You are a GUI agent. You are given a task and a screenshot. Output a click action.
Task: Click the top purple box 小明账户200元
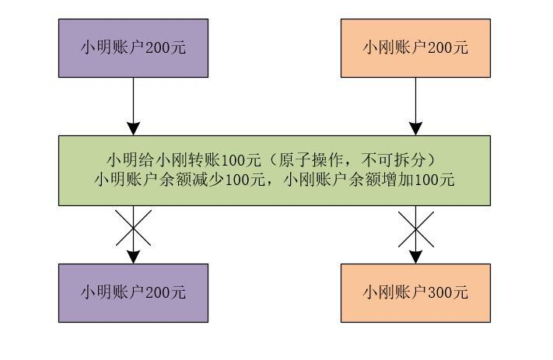click(133, 48)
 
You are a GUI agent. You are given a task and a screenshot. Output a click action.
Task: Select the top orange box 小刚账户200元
click(415, 48)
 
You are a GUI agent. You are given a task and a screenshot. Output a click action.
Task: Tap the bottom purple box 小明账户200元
click(133, 292)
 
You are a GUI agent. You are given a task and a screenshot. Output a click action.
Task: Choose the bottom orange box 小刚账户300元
click(415, 292)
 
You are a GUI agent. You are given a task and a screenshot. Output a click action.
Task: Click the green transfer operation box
click(275, 170)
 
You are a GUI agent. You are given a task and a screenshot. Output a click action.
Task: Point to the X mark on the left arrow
click(133, 228)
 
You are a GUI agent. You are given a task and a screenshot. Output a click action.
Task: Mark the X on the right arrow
click(416, 229)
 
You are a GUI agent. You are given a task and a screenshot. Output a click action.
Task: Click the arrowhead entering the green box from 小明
click(133, 129)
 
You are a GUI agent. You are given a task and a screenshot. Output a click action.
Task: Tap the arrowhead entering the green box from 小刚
click(416, 129)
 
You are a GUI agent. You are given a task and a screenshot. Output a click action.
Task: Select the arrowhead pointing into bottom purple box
click(133, 257)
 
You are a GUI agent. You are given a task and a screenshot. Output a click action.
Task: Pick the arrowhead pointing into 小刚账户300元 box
click(416, 257)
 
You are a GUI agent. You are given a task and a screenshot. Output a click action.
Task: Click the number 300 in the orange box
click(439, 293)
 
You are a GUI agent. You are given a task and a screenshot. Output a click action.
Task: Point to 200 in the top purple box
click(157, 48)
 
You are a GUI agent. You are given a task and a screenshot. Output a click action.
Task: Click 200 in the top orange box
click(439, 48)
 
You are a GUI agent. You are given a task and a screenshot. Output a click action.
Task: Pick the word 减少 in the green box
click(208, 180)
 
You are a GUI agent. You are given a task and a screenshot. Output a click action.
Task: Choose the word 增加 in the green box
click(397, 180)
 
